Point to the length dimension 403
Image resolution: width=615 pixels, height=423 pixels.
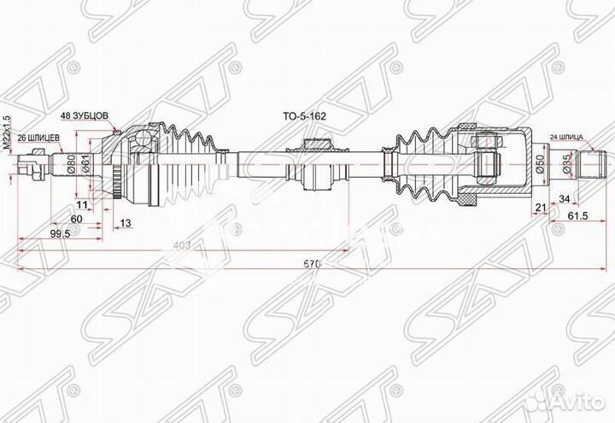pyautogui.click(x=181, y=246)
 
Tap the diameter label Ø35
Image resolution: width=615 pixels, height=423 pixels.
pyautogui.click(x=565, y=165)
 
